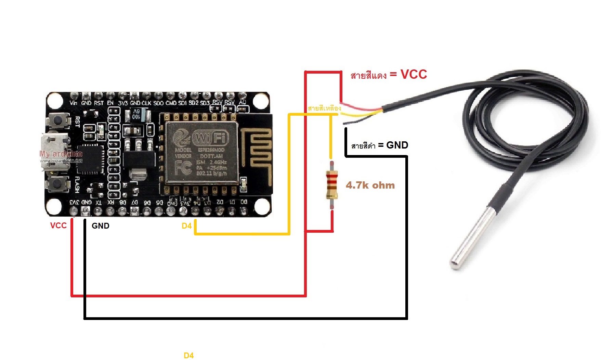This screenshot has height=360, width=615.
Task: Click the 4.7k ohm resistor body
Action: tap(331, 185)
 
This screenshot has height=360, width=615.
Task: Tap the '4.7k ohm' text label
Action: tap(370, 185)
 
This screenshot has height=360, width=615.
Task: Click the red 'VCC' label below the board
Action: tap(58, 226)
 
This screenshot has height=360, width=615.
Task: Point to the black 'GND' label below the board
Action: tap(101, 226)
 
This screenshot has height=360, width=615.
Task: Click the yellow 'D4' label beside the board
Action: tap(186, 226)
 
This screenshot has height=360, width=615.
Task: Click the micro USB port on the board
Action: tap(51, 152)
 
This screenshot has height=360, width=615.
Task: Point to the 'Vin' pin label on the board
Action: tap(74, 103)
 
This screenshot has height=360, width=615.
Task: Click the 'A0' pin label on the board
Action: tap(242, 102)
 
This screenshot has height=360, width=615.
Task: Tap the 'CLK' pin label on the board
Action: tap(146, 103)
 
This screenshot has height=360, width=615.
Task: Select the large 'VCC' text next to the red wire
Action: tap(414, 74)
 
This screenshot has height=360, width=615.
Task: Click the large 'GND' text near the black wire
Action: tap(397, 145)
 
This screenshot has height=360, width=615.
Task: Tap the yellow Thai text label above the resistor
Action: tap(324, 108)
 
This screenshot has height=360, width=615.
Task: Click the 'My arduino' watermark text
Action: tap(61, 154)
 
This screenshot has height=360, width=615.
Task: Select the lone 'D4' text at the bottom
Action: tap(189, 356)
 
